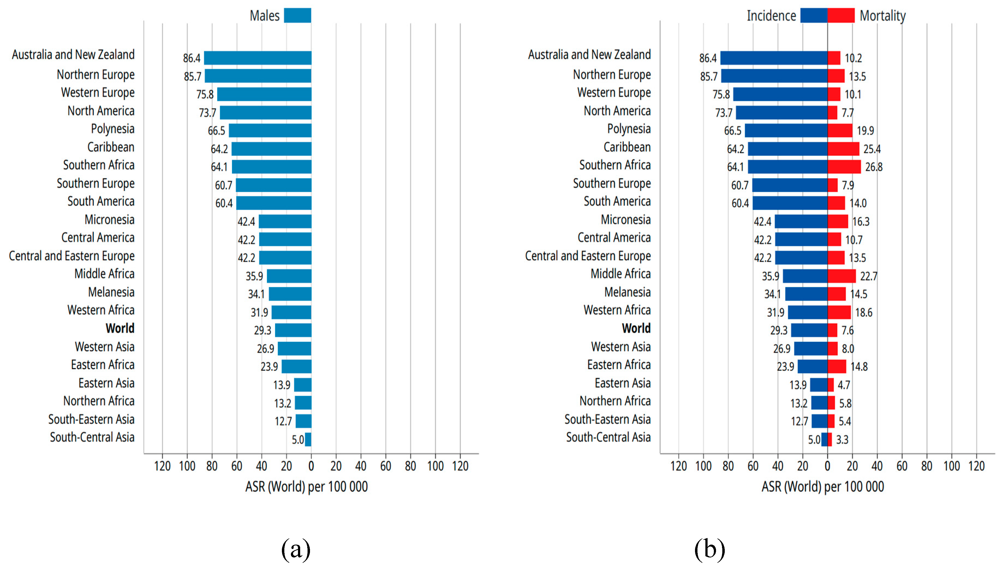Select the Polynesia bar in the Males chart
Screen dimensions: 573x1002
pyautogui.click(x=270, y=130)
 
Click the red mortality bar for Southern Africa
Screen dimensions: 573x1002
pyautogui.click(x=844, y=167)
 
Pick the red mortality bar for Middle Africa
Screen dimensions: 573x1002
pyautogui.click(x=842, y=276)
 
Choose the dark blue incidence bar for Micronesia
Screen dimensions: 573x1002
pyautogui.click(x=801, y=221)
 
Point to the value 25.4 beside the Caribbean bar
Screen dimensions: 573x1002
pyautogui.click(x=872, y=149)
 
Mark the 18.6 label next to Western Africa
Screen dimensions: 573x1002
pyautogui.click(x=864, y=313)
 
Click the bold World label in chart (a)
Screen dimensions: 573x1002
pyautogui.click(x=120, y=328)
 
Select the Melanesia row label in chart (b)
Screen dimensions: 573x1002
pyautogui.click(x=627, y=292)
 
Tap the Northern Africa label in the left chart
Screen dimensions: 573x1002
pyautogui.click(x=99, y=401)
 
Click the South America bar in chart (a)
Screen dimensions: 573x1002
pyautogui.click(x=274, y=203)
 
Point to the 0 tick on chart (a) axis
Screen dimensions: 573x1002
pyautogui.click(x=311, y=466)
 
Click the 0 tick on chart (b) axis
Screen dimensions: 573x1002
pyautogui.click(x=827, y=466)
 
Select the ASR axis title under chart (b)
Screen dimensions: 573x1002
pyautogui.click(x=823, y=487)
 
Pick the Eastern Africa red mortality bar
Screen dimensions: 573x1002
pyautogui.click(x=837, y=366)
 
